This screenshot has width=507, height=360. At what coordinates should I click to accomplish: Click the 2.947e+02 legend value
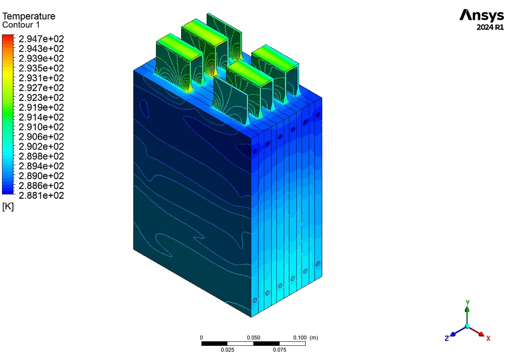coord(41,39)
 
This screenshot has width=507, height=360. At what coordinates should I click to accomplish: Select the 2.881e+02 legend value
coord(41,195)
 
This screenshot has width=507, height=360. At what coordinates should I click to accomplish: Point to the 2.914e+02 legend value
coord(41,117)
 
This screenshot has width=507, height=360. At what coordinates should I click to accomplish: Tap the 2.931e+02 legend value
coord(41,78)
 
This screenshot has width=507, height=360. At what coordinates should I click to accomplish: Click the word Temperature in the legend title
coord(29,16)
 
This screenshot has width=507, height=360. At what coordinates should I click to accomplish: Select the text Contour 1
coord(21,25)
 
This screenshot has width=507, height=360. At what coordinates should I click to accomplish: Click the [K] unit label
coord(8,207)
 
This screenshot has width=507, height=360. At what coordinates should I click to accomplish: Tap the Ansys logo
coord(481,16)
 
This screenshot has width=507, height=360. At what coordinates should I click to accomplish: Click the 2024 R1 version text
coord(490,28)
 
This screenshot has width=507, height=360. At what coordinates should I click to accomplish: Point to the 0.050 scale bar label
coord(253,338)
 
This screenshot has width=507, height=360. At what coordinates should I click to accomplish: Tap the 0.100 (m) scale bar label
coord(306,338)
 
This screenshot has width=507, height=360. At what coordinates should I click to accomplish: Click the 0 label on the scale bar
coord(201,338)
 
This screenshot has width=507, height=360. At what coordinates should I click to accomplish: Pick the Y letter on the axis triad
coord(468,302)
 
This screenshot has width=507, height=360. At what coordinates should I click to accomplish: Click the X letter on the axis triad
coord(488,338)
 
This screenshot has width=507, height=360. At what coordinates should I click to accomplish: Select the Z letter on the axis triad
coord(446,338)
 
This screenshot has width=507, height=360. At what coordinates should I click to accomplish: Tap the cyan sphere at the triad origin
coord(467,326)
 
